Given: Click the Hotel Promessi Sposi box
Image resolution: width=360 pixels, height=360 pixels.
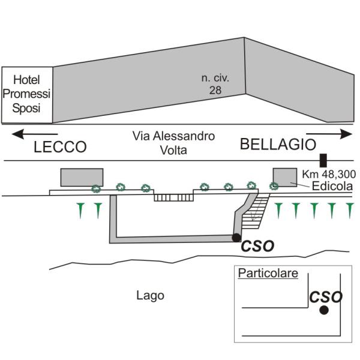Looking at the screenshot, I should (27, 94).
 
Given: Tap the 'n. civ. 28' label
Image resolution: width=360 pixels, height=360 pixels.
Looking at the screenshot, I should (215, 84).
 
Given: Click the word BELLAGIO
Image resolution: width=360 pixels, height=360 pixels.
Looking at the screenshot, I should (278, 145).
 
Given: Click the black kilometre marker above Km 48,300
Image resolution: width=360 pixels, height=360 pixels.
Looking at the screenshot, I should (323, 160).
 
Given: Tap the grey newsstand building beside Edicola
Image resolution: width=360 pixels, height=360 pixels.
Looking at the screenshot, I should (285, 177).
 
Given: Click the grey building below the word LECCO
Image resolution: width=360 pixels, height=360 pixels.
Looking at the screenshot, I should (82, 178).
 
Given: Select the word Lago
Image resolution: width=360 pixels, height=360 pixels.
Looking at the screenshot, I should (150, 295).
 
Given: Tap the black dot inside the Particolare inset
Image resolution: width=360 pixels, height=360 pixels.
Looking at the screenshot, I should (324, 310).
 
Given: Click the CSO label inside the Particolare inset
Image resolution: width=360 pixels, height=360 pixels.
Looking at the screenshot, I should (325, 296).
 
